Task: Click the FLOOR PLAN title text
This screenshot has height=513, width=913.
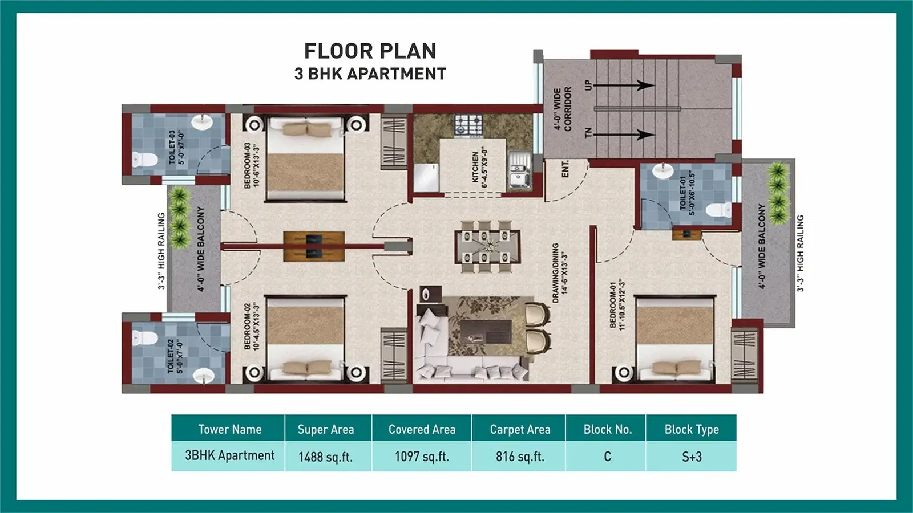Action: [370, 51]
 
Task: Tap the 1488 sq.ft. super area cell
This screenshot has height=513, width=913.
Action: [325, 457]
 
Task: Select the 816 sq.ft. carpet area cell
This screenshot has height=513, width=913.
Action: [519, 457]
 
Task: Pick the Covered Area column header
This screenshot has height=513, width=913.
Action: [422, 429]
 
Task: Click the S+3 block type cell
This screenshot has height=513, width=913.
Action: [692, 457]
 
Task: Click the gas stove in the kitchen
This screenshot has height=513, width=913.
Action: [468, 125]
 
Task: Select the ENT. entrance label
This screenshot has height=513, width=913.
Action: [565, 169]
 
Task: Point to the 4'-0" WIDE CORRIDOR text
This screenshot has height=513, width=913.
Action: [563, 109]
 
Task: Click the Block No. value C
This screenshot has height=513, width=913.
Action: [607, 457]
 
